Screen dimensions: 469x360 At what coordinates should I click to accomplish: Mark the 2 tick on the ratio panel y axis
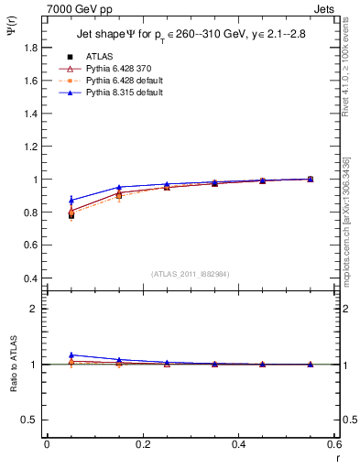pos(34,309)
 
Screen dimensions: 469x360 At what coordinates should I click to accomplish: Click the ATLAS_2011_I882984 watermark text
pos(190,273)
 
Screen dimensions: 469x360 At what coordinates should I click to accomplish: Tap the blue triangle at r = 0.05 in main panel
pos(71,200)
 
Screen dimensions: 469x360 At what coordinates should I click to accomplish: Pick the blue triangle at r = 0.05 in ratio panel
pos(71,354)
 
